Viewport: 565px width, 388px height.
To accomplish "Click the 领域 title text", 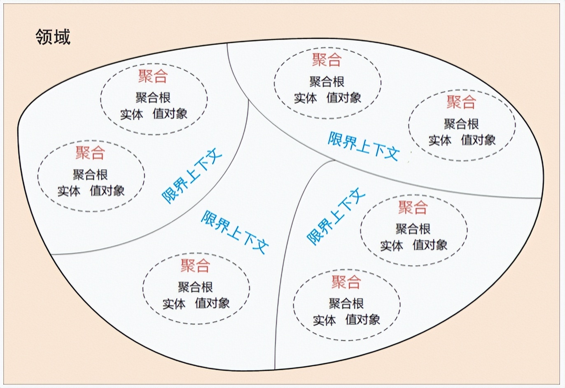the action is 53,36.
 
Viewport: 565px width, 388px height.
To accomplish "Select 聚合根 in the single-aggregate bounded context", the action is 195,287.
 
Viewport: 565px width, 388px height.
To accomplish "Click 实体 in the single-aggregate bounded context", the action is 174,304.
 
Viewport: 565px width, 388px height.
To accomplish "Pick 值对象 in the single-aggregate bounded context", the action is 212,303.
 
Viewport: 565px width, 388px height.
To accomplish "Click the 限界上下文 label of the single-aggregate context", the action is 235,232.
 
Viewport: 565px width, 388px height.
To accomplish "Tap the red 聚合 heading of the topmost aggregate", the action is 327,60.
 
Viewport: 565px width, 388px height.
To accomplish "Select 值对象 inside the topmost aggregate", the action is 343,98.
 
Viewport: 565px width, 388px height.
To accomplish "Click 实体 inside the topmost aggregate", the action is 305,98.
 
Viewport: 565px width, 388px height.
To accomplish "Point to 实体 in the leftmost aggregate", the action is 69,191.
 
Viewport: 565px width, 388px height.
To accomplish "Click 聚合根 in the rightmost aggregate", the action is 461,124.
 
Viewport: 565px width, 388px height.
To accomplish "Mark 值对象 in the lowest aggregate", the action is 362,320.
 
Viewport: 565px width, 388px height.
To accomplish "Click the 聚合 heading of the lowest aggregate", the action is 346,282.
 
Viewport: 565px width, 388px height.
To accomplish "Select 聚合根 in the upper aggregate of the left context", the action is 153,98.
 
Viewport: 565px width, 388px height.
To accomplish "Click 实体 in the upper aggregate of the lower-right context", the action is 391,246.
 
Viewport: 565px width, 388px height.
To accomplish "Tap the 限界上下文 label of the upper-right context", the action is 364,146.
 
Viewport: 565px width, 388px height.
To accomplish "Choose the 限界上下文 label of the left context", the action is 192,177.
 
